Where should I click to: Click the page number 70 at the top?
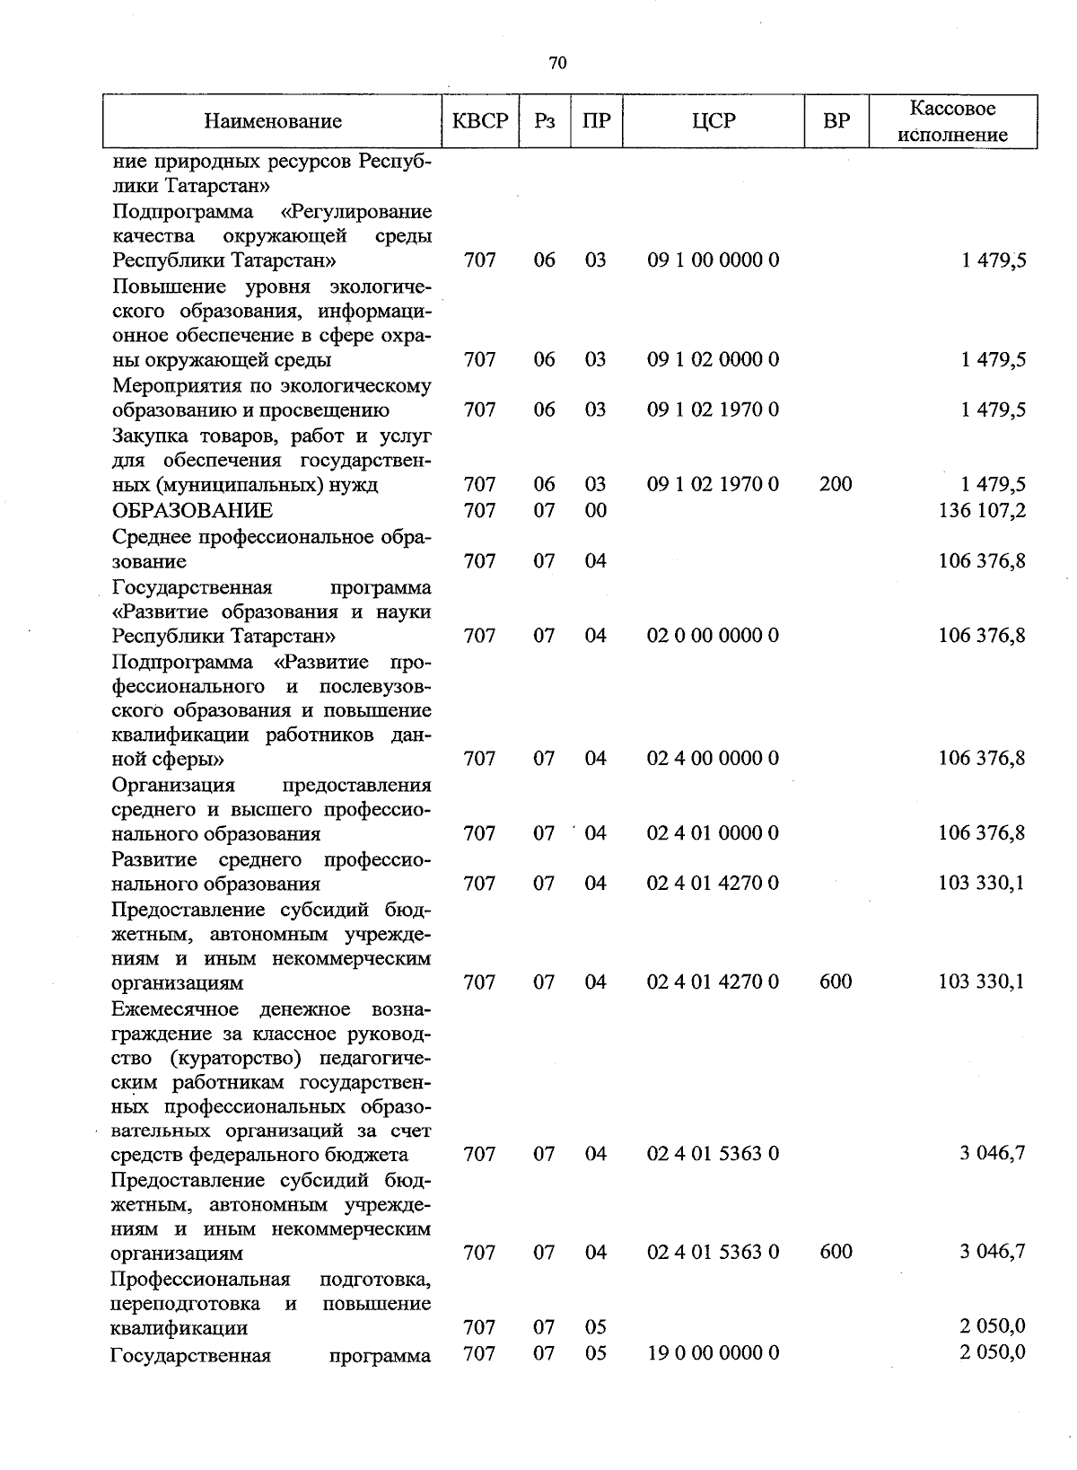click(556, 63)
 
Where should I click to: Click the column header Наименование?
click(273, 120)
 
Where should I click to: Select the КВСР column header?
click(480, 120)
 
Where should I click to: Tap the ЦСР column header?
click(714, 120)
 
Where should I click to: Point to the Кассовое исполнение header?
click(952, 121)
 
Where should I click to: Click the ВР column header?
click(836, 120)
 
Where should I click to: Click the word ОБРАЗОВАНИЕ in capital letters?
click(192, 511)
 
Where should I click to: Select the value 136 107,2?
click(982, 511)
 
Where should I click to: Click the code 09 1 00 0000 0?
click(713, 260)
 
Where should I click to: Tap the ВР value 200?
click(836, 485)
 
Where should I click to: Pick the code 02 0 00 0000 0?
click(713, 636)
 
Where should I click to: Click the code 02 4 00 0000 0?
click(713, 759)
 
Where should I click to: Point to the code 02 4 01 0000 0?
click(713, 833)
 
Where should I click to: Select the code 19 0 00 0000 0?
click(713, 1352)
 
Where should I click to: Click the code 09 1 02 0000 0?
click(713, 360)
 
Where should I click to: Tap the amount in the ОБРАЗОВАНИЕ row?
click(982, 511)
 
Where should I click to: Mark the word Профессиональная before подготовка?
click(200, 1279)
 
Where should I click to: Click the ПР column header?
click(596, 120)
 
